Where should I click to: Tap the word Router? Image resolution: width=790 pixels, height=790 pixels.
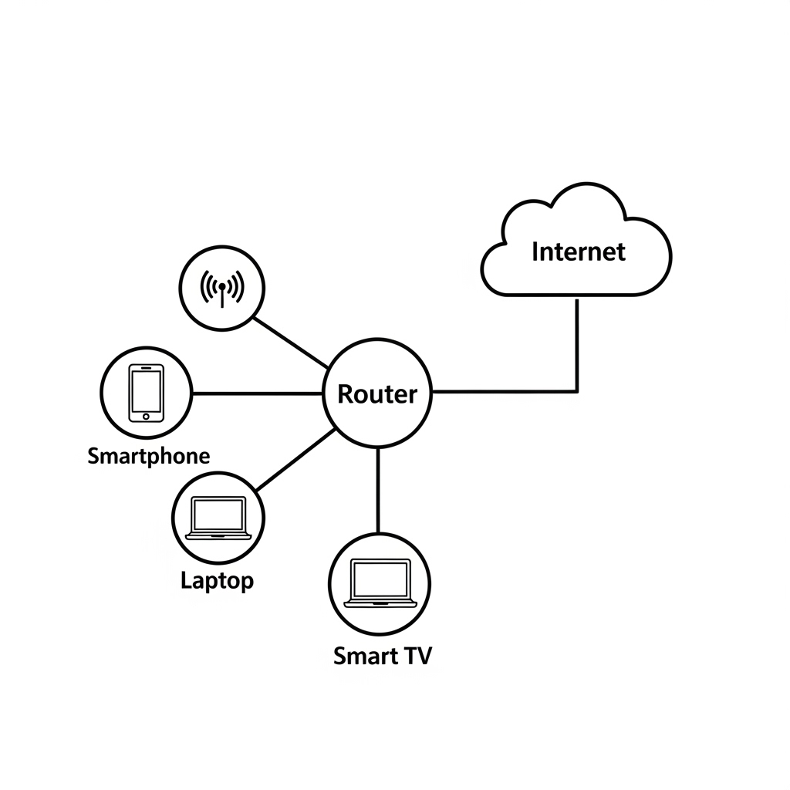(377, 394)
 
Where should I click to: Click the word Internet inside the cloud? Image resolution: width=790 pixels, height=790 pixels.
(578, 252)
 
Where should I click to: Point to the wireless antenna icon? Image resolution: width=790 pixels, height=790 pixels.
(222, 289)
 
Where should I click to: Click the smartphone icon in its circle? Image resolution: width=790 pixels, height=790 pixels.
(147, 393)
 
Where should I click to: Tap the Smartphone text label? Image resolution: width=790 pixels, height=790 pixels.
(148, 455)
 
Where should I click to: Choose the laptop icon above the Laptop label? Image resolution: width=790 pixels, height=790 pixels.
(218, 517)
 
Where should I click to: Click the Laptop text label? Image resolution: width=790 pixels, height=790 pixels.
(217, 580)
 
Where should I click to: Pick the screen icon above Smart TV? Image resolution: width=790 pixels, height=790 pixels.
(379, 582)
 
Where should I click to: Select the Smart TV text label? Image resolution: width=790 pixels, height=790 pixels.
(383, 656)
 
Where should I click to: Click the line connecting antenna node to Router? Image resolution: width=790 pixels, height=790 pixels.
(291, 343)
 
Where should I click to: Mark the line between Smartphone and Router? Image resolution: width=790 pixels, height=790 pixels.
(256, 393)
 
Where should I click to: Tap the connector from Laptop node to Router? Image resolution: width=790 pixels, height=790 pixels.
(295, 460)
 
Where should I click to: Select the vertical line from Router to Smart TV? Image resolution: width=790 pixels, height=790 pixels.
(378, 490)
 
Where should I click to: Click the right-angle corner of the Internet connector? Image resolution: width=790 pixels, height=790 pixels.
(577, 391)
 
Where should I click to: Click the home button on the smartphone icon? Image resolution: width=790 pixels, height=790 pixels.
(147, 417)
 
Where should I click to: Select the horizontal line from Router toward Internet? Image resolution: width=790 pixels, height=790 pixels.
(501, 391)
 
